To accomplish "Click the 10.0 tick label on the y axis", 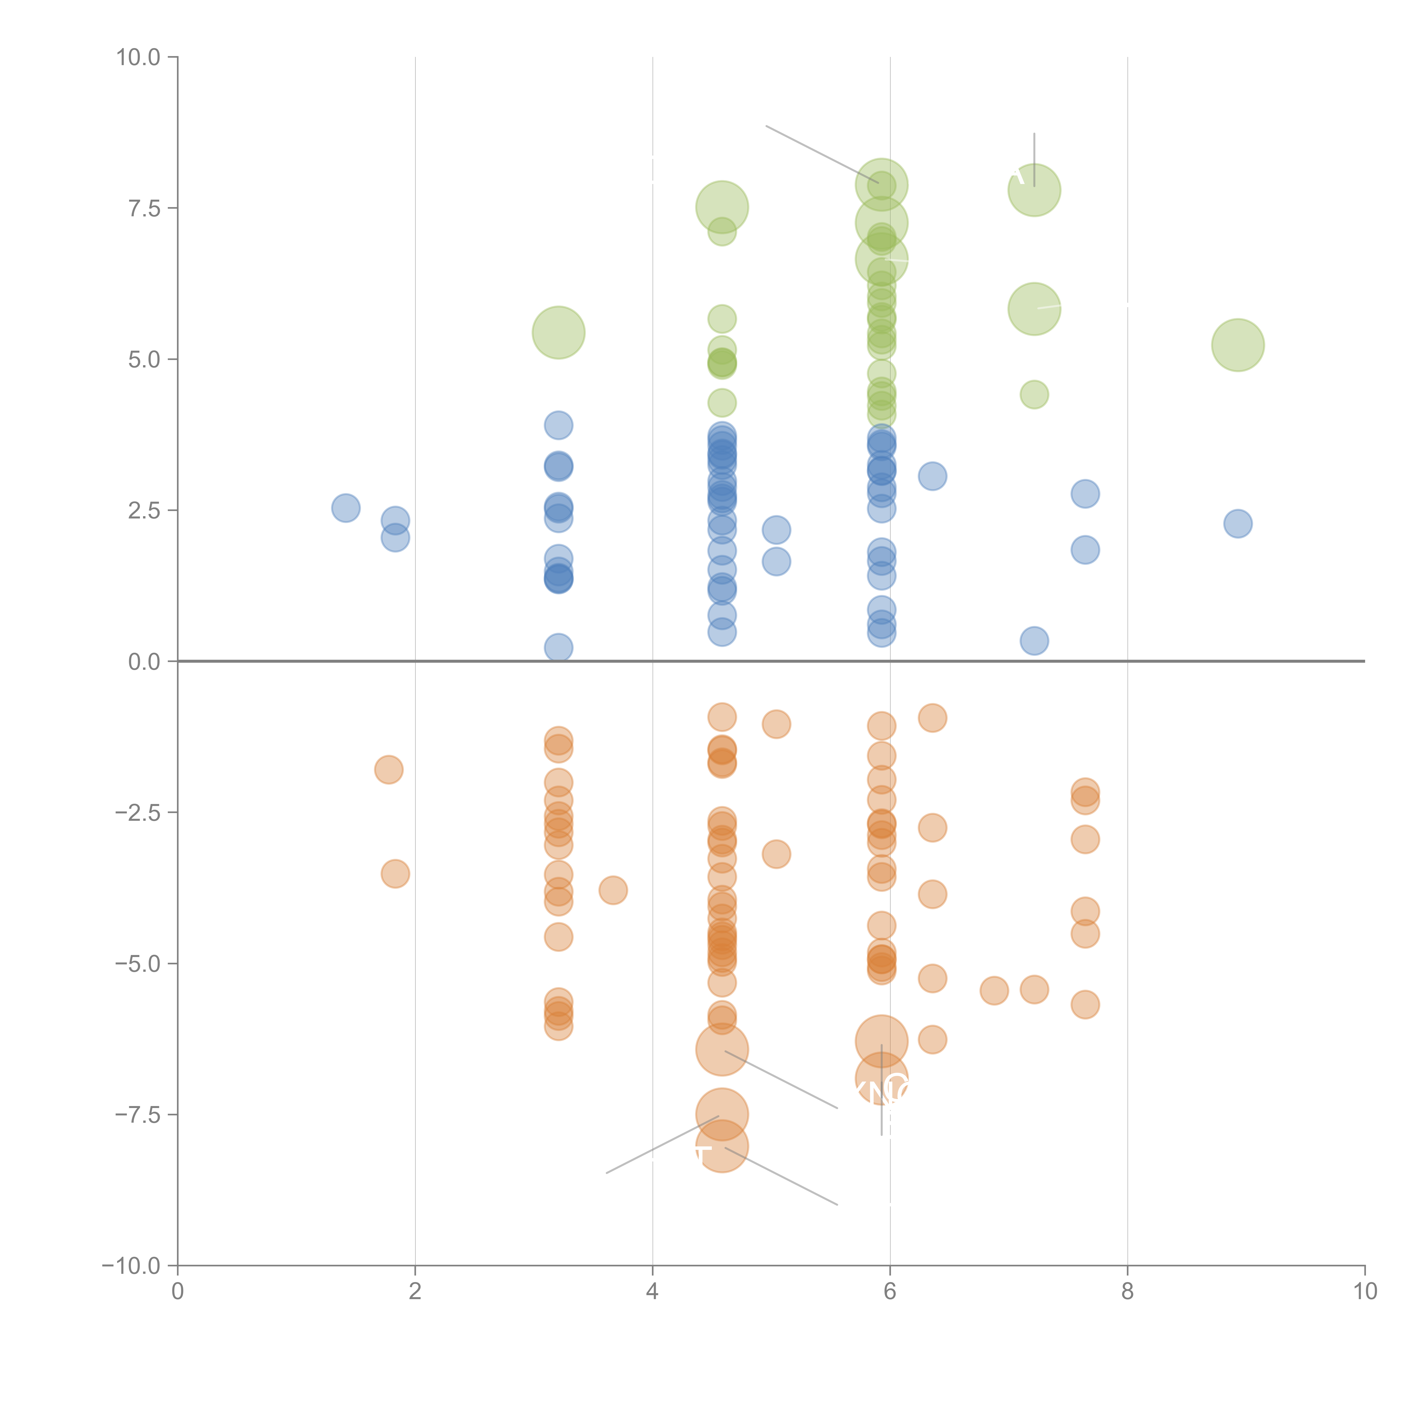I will (139, 57).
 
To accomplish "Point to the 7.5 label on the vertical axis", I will (144, 208).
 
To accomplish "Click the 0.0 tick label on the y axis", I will (144, 662).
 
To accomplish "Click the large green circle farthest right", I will (1238, 345).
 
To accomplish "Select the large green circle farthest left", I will (559, 333).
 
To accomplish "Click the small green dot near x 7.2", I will (1034, 394).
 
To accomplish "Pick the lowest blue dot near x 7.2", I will (1034, 641).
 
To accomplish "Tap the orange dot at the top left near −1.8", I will (388, 770).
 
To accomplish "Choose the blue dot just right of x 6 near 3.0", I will (933, 476).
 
